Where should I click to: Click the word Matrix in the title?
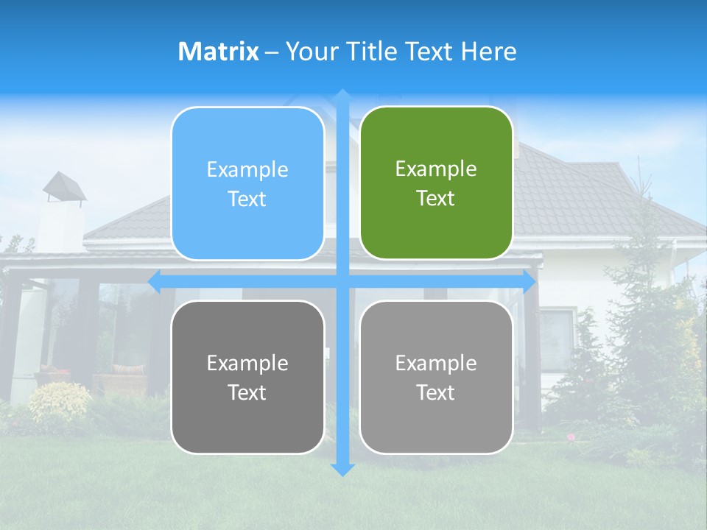(x=219, y=52)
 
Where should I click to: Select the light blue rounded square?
(x=247, y=183)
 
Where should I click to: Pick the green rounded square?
(x=436, y=183)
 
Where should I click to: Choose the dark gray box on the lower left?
(x=247, y=377)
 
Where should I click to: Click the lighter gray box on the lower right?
(x=436, y=377)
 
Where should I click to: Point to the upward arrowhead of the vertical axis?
(x=342, y=95)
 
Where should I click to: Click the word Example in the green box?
(x=436, y=169)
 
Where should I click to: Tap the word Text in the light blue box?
(x=247, y=199)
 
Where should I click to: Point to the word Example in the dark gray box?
(x=247, y=363)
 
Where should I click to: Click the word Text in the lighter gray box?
(x=436, y=392)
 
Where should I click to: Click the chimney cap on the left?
(x=64, y=186)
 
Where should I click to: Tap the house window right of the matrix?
(x=557, y=335)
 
